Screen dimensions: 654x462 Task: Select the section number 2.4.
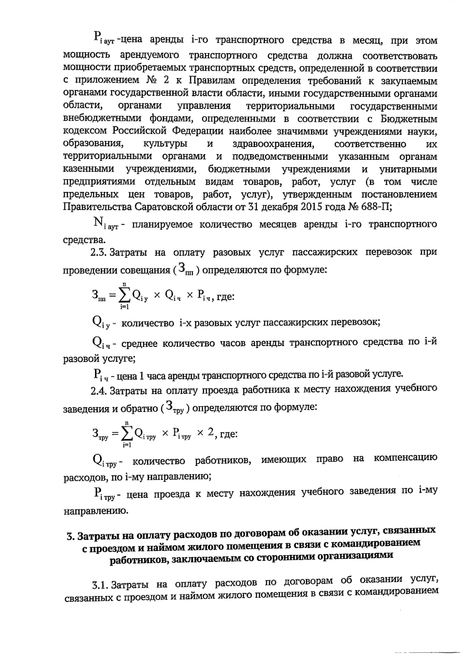(x=98, y=391)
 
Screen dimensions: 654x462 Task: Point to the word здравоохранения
(x=272, y=145)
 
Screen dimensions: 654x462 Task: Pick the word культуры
(x=165, y=145)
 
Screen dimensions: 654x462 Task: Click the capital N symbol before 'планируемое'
(x=98, y=222)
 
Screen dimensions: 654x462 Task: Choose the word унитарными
(x=408, y=170)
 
